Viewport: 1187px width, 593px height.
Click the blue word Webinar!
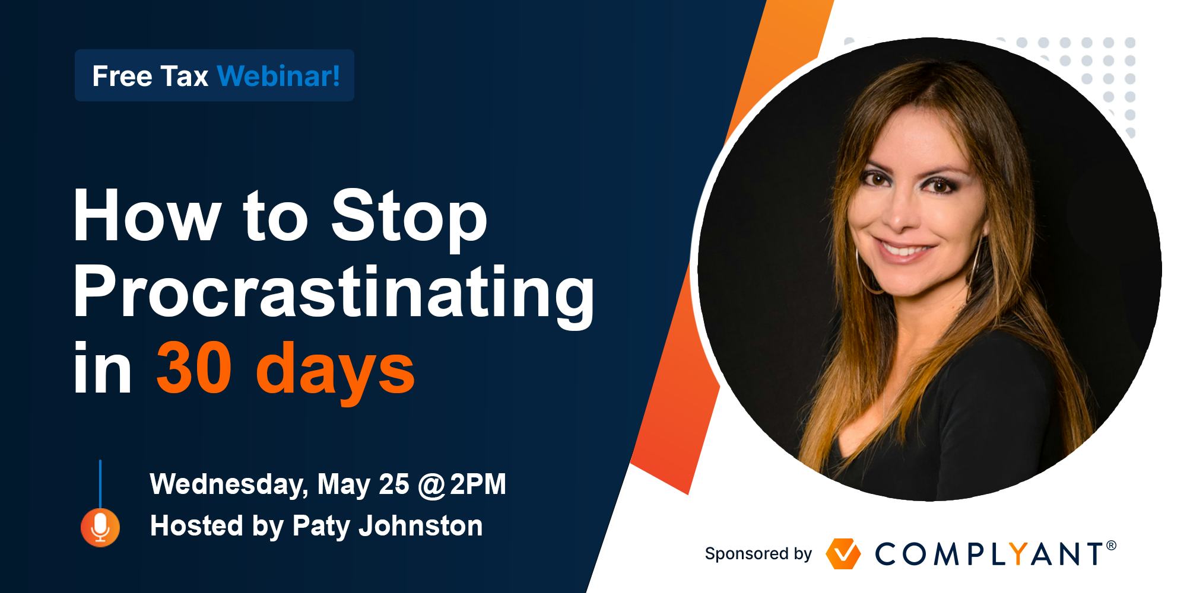279,76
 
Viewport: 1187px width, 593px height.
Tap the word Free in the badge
118,76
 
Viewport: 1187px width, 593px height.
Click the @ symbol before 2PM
431,486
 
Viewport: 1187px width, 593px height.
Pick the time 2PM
478,484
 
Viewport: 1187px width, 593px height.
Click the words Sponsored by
758,554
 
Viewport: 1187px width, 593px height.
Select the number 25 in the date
393,484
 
